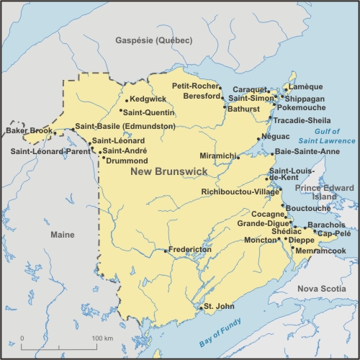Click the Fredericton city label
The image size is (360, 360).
[192, 249]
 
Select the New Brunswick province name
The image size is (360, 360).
[168, 171]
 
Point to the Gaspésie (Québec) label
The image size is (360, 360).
[154, 41]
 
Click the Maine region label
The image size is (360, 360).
[63, 235]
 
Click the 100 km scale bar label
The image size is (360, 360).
[103, 338]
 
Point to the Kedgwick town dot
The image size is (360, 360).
[127, 99]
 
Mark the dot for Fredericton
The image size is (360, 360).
[167, 251]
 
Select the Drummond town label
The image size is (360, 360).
[127, 161]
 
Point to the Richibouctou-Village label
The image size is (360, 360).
[240, 192]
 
